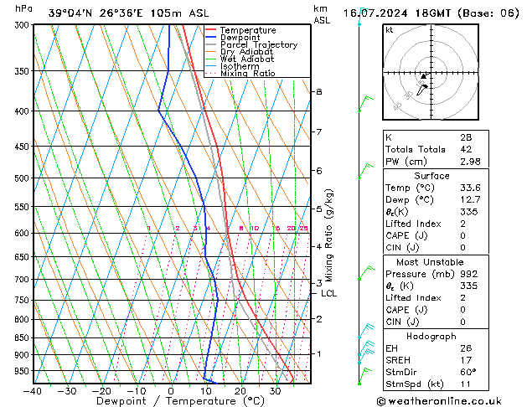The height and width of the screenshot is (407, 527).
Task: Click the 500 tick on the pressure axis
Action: click(x=23, y=178)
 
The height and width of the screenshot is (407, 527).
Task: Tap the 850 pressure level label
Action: click(x=23, y=337)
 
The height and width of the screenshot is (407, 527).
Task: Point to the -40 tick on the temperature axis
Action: click(x=33, y=390)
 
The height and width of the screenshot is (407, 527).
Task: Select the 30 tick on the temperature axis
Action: click(x=275, y=390)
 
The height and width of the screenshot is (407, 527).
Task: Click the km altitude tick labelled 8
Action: click(x=318, y=91)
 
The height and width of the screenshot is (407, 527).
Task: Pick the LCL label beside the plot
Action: click(x=328, y=293)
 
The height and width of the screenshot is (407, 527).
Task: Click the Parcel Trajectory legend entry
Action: click(x=258, y=45)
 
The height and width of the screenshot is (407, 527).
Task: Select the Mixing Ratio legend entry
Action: click(x=248, y=74)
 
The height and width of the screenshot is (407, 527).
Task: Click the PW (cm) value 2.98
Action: click(x=471, y=162)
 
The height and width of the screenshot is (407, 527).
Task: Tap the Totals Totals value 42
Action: click(x=467, y=149)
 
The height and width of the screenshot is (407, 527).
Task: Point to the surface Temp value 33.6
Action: click(x=470, y=188)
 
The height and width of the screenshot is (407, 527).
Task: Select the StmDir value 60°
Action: click(x=468, y=372)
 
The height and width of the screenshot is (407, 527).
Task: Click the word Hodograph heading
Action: click(x=431, y=335)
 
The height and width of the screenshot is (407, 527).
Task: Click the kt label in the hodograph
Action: click(x=390, y=29)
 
